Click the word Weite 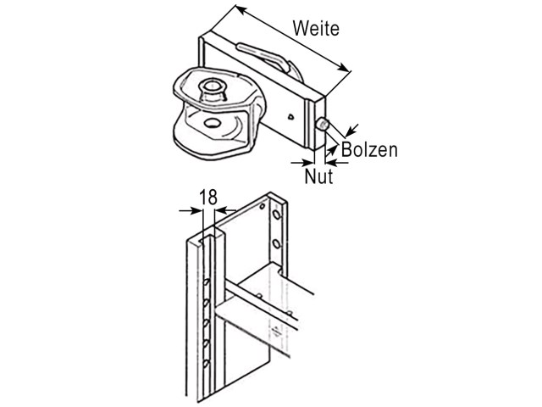point(316,28)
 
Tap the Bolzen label point(369,150)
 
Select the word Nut point(318,176)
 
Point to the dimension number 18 point(208,198)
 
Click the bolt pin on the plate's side point(323,125)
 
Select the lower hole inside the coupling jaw point(212,122)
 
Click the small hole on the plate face point(291,117)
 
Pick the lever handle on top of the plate point(263,55)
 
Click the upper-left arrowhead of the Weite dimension point(241,10)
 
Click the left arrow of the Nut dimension point(302,162)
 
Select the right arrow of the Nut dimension point(337,162)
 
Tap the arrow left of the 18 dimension point(190,210)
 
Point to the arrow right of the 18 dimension point(225,210)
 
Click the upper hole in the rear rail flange point(276,215)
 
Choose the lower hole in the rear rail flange point(276,244)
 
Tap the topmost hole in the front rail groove point(206,282)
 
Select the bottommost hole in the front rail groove point(207,364)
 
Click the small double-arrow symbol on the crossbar point(276,330)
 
